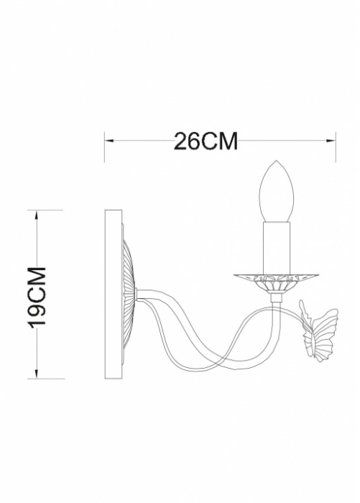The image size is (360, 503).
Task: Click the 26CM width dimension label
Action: (206, 141)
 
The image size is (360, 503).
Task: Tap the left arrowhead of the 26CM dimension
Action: (110, 141)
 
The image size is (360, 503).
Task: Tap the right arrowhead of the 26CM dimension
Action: (331, 141)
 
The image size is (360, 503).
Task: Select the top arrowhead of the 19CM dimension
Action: (37, 215)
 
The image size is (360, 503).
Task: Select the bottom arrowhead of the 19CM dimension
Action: (37, 373)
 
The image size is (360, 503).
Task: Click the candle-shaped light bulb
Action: (276, 191)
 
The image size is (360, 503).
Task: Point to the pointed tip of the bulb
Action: (277, 160)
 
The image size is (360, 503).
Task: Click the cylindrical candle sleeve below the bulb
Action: (277, 248)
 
